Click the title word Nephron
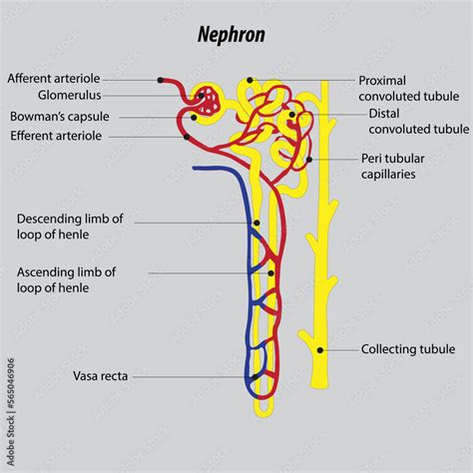click(232, 35)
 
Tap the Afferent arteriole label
click(54, 79)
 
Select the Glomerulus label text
click(69, 95)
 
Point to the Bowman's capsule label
click(60, 117)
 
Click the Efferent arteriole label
click(56, 136)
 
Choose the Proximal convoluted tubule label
click(409, 89)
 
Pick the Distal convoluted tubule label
click(419, 122)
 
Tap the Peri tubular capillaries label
click(393, 167)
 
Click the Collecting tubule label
click(408, 349)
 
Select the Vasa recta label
click(100, 376)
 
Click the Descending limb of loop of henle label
click(70, 227)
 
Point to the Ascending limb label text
click(66, 279)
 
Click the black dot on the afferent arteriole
click(161, 80)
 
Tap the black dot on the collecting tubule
click(320, 350)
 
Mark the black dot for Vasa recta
click(254, 377)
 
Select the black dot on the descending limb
click(256, 223)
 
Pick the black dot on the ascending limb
click(270, 273)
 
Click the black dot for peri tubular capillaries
click(309, 160)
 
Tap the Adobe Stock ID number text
click(11, 383)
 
